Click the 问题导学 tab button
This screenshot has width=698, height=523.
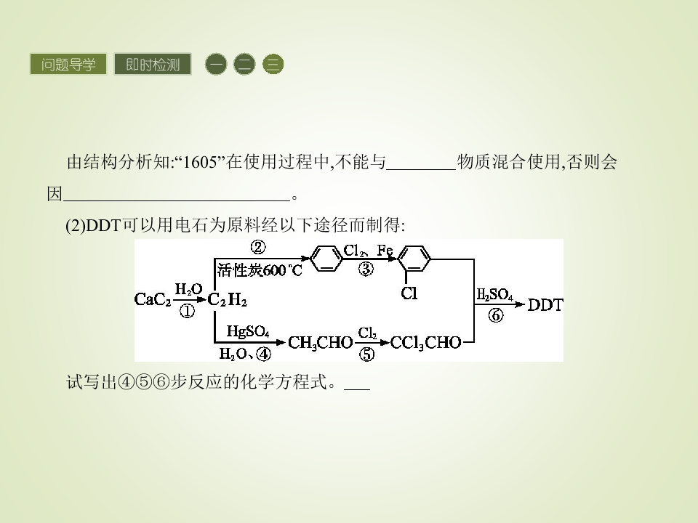tap(68, 65)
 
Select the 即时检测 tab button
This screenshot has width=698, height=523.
tap(153, 65)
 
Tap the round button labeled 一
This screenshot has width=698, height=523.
tap(216, 65)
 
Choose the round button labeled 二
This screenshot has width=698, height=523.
tap(244, 65)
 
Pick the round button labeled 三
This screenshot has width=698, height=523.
tap(273, 65)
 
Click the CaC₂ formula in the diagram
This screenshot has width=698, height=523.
tap(153, 300)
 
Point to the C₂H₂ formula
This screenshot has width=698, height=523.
tap(228, 300)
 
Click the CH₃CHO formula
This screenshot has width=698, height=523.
tap(321, 343)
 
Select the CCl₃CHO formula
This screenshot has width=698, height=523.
tap(425, 343)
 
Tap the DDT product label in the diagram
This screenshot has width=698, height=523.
tap(545, 305)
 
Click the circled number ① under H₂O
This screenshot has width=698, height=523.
tap(187, 311)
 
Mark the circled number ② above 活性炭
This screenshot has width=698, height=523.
tap(257, 247)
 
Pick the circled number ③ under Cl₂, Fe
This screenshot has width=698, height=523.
tap(366, 269)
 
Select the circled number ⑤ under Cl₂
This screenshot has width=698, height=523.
tap(366, 354)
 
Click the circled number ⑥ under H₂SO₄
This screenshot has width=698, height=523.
tap(495, 315)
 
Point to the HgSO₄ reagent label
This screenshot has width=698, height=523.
tap(248, 331)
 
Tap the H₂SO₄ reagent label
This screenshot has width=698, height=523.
tap(494, 294)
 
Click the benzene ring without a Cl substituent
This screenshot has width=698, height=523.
tap(326, 259)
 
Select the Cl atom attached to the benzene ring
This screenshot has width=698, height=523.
tap(409, 293)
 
